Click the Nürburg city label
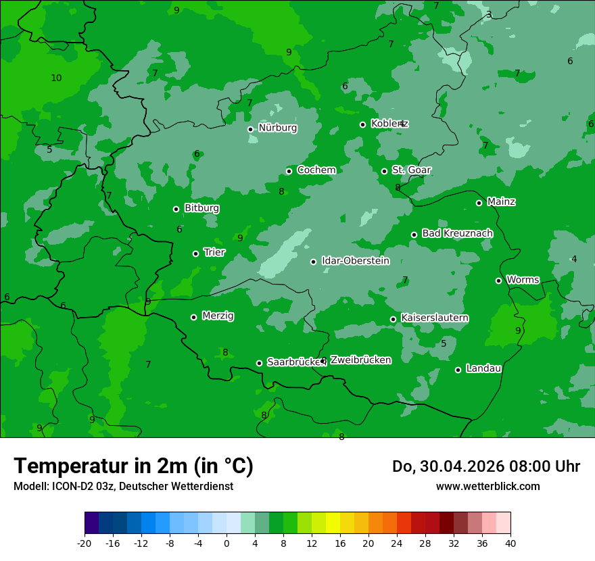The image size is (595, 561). click(278, 128)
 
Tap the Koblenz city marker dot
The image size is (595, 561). click(363, 124)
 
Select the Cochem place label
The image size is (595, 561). click(316, 170)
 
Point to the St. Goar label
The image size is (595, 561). click(412, 170)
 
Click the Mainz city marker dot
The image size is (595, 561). click(479, 203)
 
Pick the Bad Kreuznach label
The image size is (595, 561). click(457, 233)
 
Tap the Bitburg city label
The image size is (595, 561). click(201, 208)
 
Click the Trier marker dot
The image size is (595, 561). click(196, 253)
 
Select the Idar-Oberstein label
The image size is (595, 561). click(355, 261)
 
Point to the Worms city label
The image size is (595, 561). click(523, 279)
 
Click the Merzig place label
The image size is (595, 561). click(218, 316)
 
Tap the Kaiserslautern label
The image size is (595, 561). click(435, 318)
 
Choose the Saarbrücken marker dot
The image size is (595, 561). click(259, 363)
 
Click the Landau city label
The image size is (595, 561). click(483, 368)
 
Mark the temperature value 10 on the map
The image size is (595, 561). click(56, 78)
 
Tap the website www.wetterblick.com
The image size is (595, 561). click(487, 487)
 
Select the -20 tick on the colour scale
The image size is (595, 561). click(85, 543)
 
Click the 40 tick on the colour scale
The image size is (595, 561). click(510, 543)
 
